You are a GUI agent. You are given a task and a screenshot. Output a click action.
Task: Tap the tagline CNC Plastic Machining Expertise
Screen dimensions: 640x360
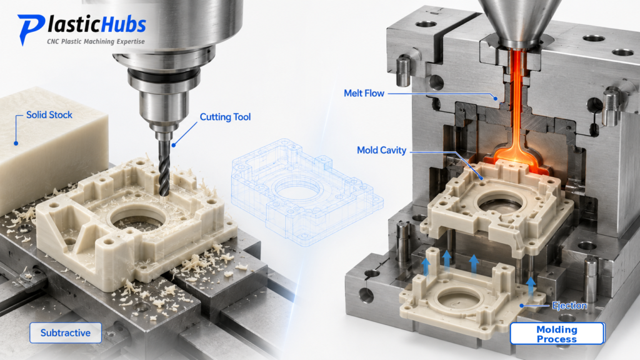[96, 41]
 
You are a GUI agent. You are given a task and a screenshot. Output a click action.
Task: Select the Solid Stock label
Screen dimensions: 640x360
[49, 115]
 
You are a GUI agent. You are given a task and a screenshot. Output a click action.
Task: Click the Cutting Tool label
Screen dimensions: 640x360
[225, 117]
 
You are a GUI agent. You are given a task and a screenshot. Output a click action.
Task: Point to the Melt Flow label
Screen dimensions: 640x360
[364, 94]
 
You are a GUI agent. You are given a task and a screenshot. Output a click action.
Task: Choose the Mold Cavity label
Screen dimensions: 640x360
[382, 151]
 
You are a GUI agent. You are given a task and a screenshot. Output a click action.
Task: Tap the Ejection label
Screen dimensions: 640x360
[569, 305]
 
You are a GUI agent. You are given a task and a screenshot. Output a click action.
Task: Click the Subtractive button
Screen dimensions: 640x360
[66, 332]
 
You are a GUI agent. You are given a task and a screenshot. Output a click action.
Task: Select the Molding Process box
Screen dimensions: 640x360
[557, 334]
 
